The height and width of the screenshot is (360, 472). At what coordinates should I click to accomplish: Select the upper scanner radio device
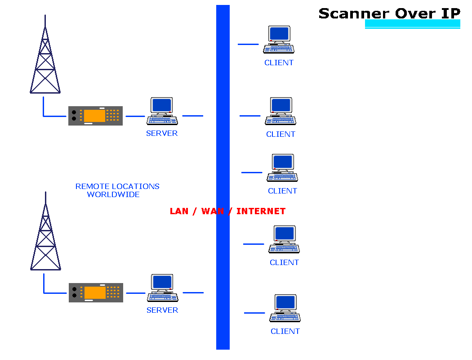(95, 116)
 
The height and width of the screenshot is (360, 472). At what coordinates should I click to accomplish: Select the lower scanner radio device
(96, 292)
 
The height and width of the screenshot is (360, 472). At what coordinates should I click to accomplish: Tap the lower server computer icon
(163, 288)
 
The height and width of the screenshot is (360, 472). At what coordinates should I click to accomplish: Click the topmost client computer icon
(279, 40)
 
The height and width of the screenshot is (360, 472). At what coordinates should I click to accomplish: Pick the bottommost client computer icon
(285, 308)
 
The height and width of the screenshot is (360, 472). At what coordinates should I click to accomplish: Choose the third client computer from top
(283, 168)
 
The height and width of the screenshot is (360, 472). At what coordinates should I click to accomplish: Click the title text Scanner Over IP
(389, 13)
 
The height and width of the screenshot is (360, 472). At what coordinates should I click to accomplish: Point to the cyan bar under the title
(413, 24)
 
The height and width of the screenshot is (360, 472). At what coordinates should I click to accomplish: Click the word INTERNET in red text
(261, 211)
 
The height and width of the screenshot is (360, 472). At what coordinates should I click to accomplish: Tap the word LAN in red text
(179, 211)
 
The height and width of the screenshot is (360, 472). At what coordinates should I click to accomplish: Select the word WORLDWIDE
(113, 194)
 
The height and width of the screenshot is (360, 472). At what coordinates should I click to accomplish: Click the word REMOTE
(92, 186)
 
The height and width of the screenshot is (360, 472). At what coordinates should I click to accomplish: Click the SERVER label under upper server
(162, 133)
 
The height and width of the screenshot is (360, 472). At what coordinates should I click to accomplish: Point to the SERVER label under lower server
(162, 310)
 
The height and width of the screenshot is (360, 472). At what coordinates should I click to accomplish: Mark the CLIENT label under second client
(281, 134)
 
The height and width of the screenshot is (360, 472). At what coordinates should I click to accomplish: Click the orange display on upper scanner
(94, 116)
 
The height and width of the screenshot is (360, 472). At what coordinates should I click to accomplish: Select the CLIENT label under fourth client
(284, 262)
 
